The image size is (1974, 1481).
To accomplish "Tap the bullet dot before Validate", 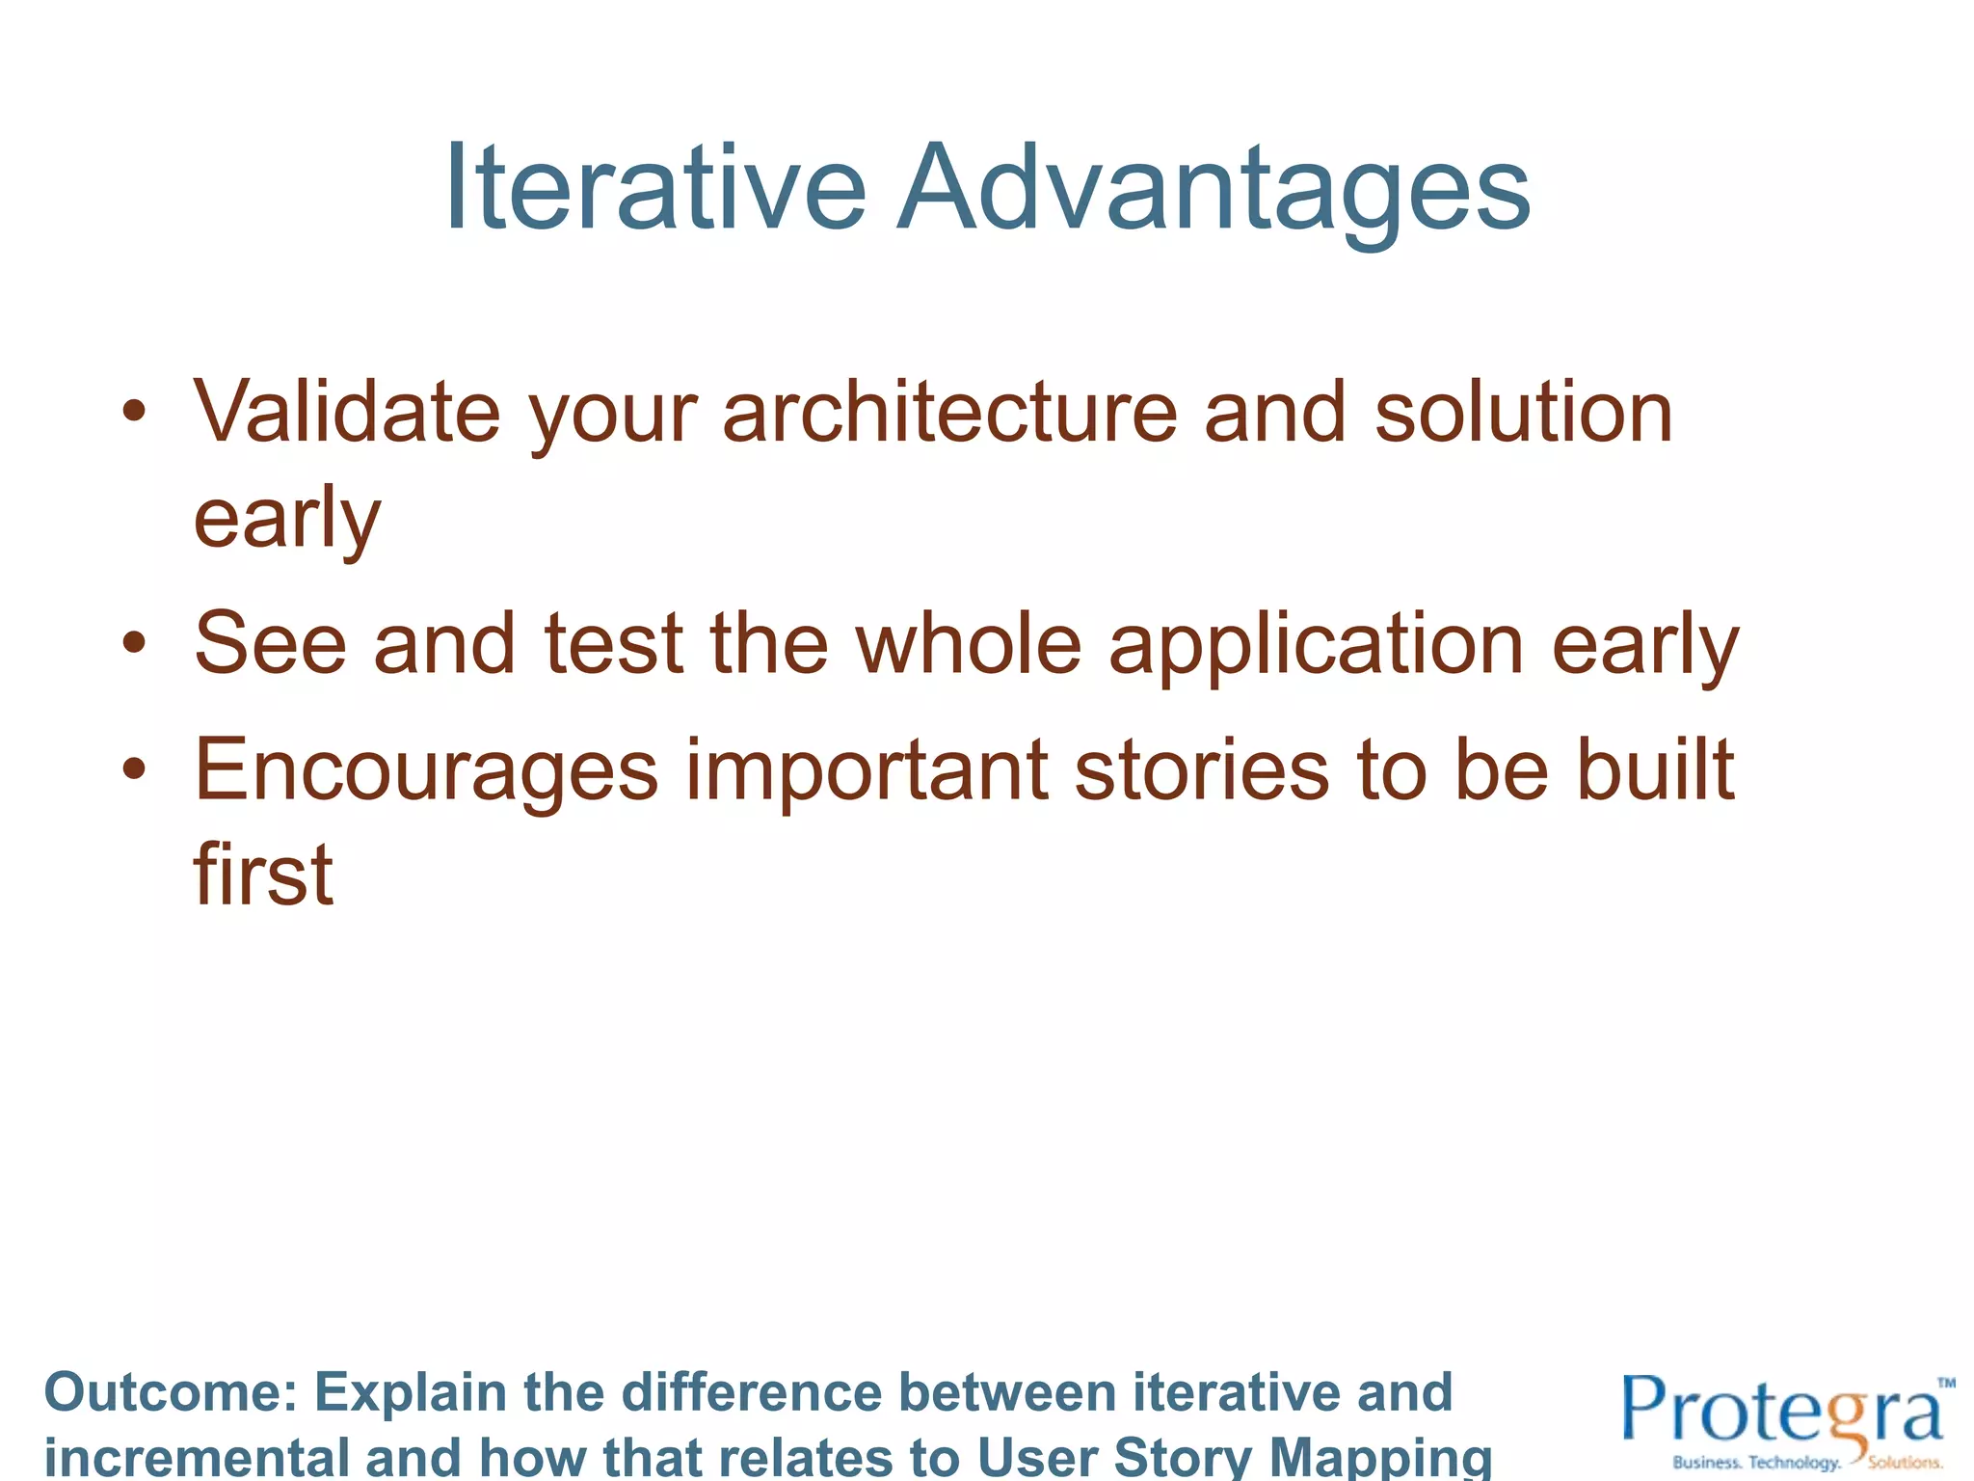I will click(x=134, y=413).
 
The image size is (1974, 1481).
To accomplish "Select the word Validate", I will click(x=346, y=413).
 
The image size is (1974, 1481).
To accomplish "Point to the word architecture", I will click(x=949, y=413).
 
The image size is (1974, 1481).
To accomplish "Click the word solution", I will click(x=1523, y=413).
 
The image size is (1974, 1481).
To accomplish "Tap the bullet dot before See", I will click(x=134, y=643).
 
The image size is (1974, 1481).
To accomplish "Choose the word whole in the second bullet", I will click(x=969, y=643).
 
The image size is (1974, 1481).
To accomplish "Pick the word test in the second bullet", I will click(x=614, y=643).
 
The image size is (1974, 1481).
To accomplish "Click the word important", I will click(x=867, y=771).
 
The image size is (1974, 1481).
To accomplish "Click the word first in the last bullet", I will click(x=263, y=874).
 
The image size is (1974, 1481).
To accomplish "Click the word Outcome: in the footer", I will click(x=170, y=1392).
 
